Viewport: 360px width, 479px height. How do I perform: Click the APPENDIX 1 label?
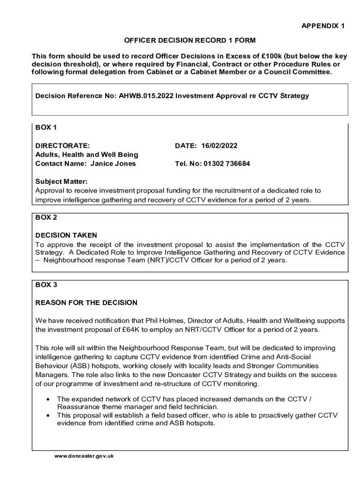tap(323, 26)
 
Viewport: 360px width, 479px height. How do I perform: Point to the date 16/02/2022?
tap(219, 145)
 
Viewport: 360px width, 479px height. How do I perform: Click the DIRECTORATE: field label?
tap(63, 145)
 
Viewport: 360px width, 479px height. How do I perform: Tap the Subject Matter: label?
tap(62, 181)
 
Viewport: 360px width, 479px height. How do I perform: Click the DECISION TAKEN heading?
tap(66, 235)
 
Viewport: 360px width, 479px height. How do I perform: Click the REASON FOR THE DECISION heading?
tap(86, 303)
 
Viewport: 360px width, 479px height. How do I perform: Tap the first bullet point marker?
tap(49, 399)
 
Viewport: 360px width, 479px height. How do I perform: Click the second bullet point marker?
tap(49, 415)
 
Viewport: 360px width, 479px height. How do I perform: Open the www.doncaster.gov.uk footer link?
tap(84, 456)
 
